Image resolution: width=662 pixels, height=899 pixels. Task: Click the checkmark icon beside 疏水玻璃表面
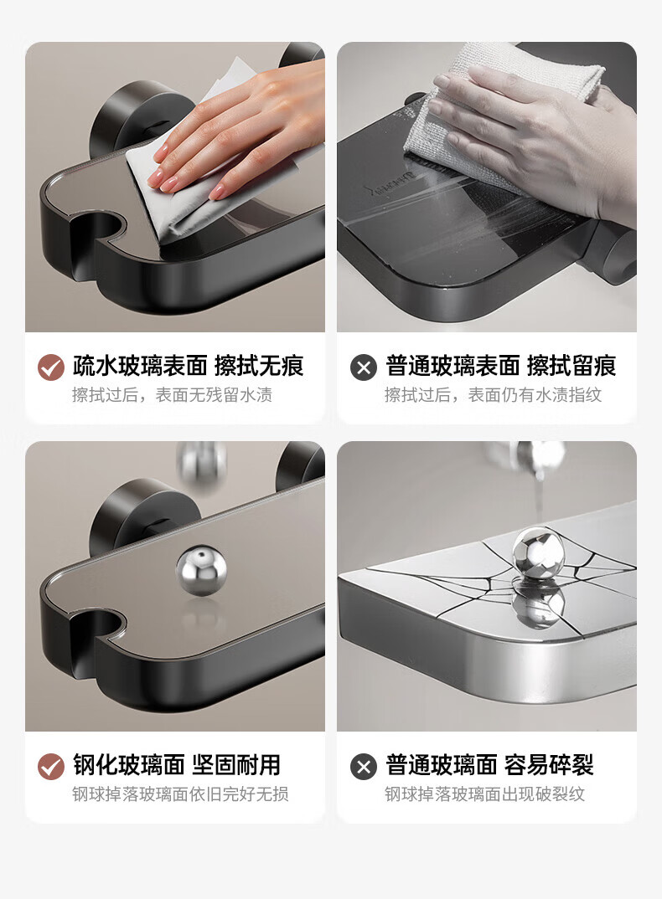(x=51, y=367)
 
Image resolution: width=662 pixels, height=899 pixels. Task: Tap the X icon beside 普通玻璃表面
(x=364, y=367)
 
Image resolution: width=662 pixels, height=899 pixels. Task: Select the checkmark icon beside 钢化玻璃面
(x=51, y=767)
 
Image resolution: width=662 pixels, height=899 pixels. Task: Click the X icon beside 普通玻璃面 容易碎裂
(x=364, y=767)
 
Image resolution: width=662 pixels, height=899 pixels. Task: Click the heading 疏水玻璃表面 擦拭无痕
(x=188, y=366)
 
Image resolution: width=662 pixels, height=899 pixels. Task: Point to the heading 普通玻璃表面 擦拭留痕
(x=500, y=366)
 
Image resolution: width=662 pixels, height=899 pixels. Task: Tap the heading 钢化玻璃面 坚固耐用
(x=176, y=765)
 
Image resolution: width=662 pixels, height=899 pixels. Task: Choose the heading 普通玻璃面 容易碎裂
(x=489, y=765)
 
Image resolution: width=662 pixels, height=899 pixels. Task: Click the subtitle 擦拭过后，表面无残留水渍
(x=173, y=395)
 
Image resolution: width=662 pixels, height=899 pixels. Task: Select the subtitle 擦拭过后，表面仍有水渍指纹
(x=494, y=395)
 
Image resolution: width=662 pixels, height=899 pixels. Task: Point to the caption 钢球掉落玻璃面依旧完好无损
(x=180, y=794)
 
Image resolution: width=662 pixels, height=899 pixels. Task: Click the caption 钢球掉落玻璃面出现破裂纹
(x=484, y=794)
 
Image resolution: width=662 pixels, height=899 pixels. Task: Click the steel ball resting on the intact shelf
(x=201, y=571)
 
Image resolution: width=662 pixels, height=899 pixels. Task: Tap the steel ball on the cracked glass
(x=538, y=553)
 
